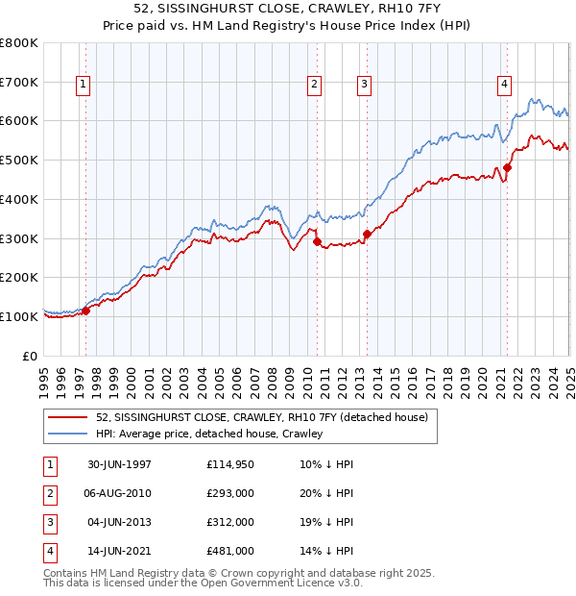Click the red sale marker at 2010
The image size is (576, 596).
click(x=317, y=242)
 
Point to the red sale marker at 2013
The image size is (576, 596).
click(x=367, y=234)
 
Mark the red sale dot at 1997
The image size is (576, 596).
click(x=86, y=310)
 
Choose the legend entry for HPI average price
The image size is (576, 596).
click(x=209, y=434)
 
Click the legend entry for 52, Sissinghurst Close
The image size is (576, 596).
click(x=267, y=416)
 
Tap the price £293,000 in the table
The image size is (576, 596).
click(x=230, y=493)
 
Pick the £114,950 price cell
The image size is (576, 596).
click(x=230, y=464)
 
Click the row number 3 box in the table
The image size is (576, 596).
click(x=47, y=522)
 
